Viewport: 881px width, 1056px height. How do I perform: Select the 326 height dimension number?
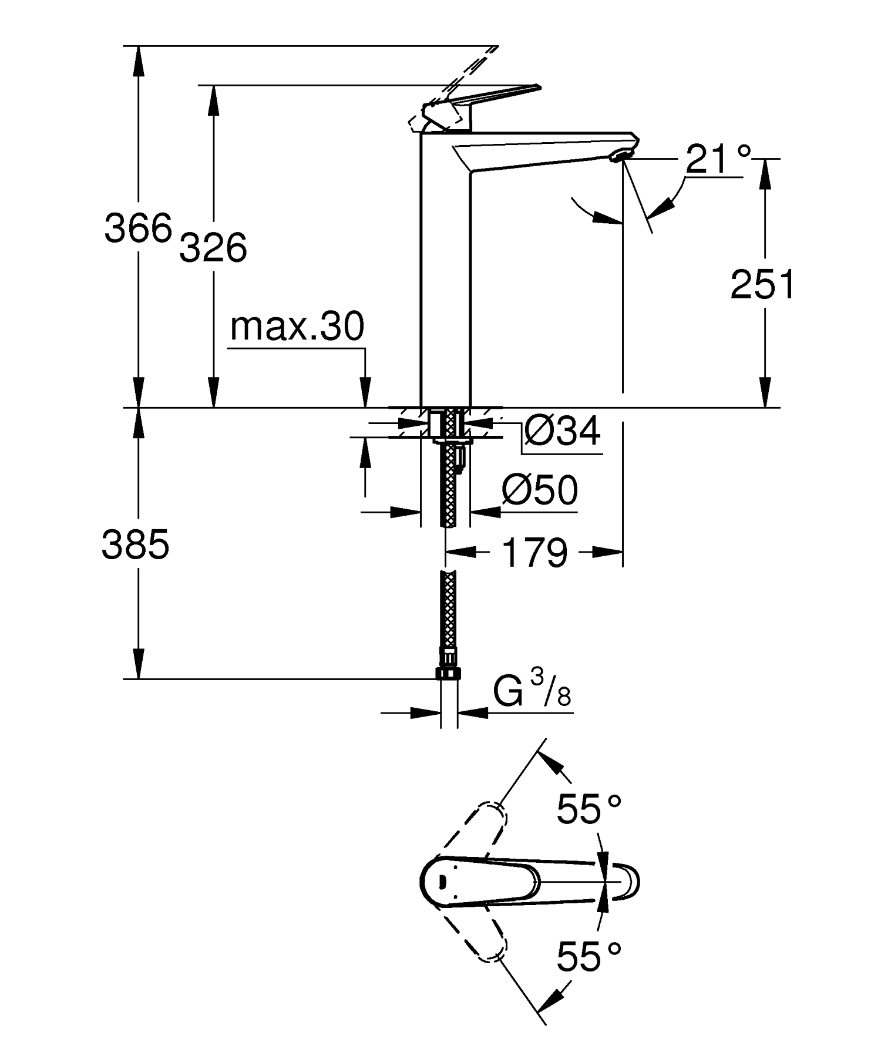pyautogui.click(x=213, y=247)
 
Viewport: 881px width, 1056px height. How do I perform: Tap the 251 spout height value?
pyautogui.click(x=762, y=285)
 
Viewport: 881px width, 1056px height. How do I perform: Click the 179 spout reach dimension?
pyautogui.click(x=535, y=553)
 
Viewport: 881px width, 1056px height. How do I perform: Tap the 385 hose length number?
pyautogui.click(x=136, y=544)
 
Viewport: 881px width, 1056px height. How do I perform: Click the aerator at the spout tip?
pyautogui.click(x=621, y=155)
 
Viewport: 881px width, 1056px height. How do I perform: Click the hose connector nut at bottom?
pyautogui.click(x=449, y=674)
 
